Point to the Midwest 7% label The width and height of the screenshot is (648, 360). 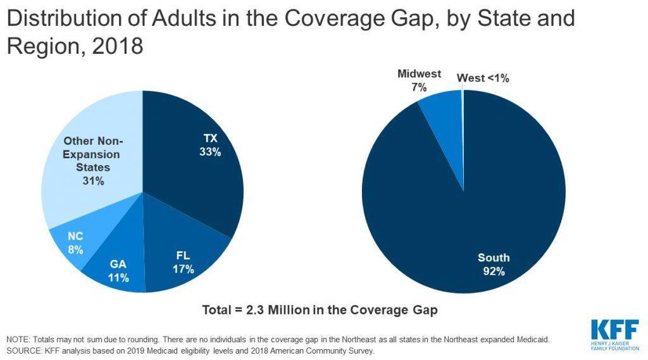[x=419, y=80]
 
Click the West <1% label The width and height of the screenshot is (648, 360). [x=483, y=78]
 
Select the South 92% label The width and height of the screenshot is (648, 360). [x=494, y=264]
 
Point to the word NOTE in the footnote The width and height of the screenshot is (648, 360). [x=17, y=340]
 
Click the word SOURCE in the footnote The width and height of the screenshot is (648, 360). [x=22, y=350]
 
